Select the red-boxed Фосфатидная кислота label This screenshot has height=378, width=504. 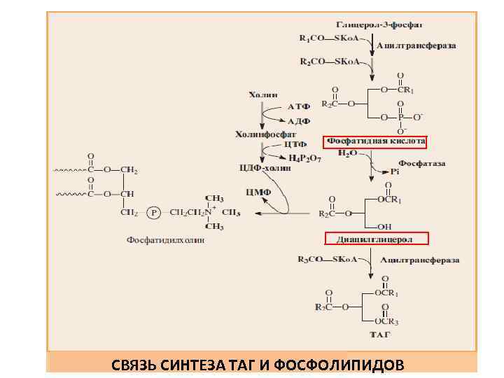(374, 141)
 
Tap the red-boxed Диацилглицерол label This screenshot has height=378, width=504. (374, 239)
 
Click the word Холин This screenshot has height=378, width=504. (262, 94)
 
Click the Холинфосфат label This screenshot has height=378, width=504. (265, 133)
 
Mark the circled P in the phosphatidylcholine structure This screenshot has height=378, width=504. (153, 211)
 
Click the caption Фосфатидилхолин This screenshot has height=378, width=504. (166, 240)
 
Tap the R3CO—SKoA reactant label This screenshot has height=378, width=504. (327, 260)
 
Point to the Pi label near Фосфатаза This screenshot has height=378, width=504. (395, 170)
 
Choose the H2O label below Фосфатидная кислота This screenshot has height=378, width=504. (348, 153)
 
